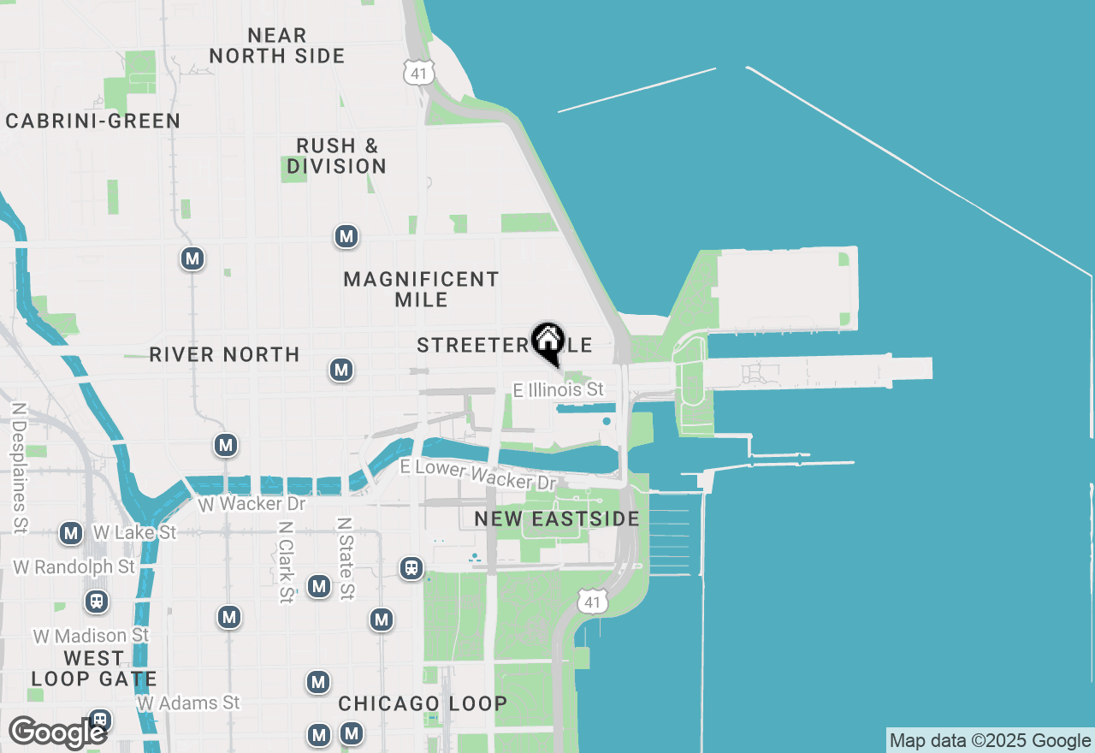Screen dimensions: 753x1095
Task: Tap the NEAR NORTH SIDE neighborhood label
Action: (276, 45)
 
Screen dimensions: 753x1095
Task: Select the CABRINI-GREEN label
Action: (93, 122)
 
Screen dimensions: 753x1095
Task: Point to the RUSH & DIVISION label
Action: (336, 156)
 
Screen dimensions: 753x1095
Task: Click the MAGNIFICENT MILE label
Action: (421, 289)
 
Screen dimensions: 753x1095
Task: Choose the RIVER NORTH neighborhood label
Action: (224, 354)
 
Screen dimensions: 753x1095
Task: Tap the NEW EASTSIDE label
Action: (556, 519)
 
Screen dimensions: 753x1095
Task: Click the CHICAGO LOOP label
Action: (423, 703)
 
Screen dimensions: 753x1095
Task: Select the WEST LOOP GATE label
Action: (94, 669)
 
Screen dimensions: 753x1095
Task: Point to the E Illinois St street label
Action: (559, 390)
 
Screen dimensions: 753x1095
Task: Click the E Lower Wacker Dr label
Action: (479, 475)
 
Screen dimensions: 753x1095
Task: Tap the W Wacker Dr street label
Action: (252, 504)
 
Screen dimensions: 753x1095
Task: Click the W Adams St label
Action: (188, 703)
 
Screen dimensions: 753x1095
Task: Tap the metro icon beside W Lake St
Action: (71, 534)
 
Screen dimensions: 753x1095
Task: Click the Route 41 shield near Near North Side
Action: (417, 73)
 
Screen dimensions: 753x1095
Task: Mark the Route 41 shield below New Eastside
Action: (591, 602)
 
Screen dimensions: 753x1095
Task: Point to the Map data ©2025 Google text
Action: (990, 741)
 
